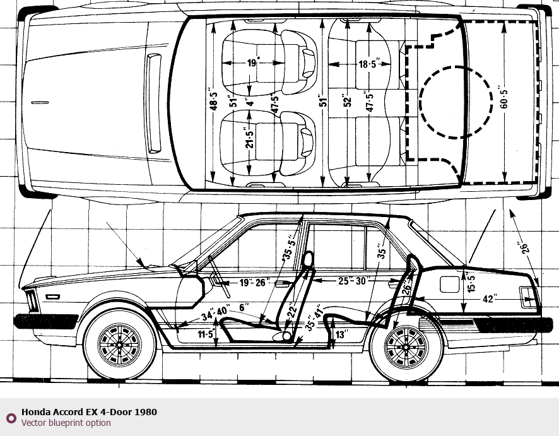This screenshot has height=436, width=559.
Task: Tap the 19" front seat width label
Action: pos(253,62)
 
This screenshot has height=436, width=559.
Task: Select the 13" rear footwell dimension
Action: pos(341,334)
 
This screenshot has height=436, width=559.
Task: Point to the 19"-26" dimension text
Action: pos(254,282)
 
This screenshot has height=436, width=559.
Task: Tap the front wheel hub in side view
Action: pos(119,346)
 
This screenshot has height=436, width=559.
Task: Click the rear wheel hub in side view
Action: pos(406,346)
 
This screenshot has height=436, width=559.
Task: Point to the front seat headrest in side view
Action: pos(309,259)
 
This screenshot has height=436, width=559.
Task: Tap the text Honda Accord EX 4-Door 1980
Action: pos(89,412)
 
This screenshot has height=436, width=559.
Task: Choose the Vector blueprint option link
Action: pos(66,423)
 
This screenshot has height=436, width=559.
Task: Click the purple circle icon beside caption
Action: pos(10,418)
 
